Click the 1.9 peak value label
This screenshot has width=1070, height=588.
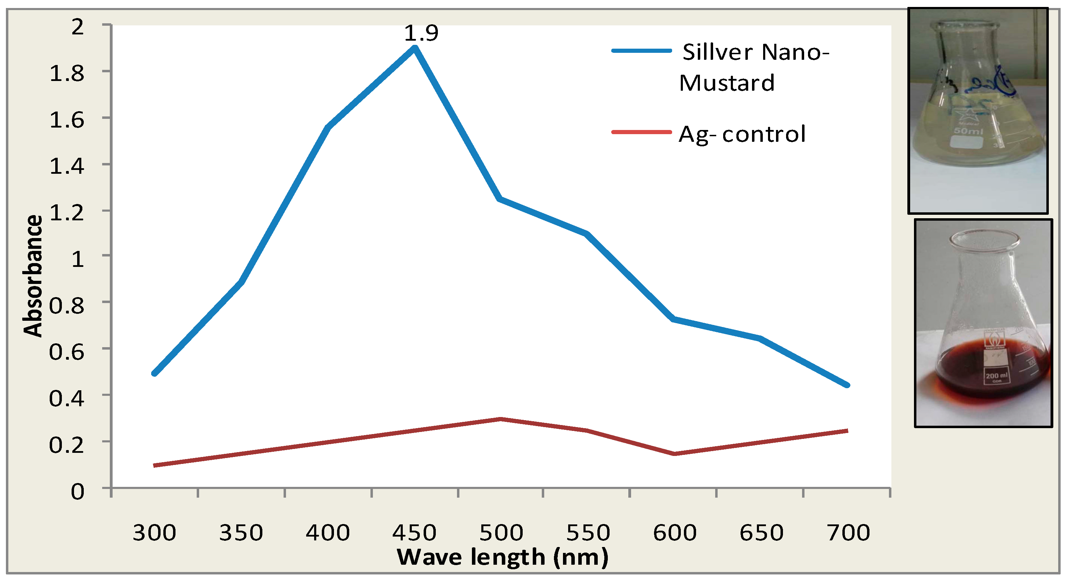coord(421,33)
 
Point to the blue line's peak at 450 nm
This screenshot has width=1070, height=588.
coord(415,49)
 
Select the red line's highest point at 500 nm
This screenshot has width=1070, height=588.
coord(500,419)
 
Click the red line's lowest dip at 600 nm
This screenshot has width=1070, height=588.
coord(674,454)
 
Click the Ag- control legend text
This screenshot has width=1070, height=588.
coord(742,134)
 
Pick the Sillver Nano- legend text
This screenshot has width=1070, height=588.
coord(755,53)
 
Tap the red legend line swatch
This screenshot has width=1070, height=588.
coord(641,132)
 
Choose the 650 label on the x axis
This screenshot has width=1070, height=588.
coord(761,533)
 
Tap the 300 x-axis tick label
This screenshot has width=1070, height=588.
coord(154,533)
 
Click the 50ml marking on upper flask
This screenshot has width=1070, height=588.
coord(968,131)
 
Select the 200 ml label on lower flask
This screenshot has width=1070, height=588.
coord(996,376)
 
